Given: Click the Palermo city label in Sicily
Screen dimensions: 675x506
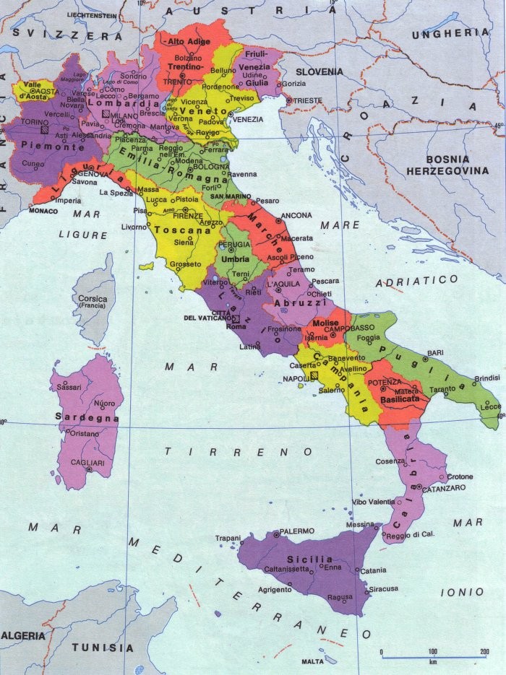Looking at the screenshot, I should point(297,531).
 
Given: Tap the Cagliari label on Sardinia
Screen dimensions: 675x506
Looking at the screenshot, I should point(72,462).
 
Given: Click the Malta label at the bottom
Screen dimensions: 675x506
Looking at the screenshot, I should point(313,661).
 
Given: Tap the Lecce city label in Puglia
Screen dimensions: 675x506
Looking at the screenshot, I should point(490,407).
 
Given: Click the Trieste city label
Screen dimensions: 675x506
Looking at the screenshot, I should point(308,100).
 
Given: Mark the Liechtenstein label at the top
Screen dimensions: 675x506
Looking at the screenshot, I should point(93,14).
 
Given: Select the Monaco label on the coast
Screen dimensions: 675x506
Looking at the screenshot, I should point(42,211).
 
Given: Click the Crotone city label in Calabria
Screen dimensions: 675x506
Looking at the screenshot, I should point(460,476).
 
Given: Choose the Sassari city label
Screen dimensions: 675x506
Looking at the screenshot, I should point(69,388).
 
